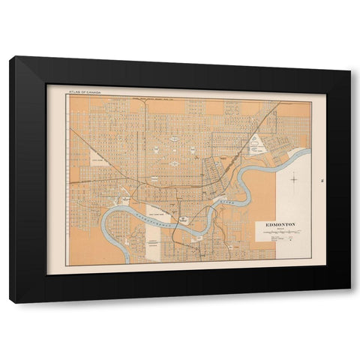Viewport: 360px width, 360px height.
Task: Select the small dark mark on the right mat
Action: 321,180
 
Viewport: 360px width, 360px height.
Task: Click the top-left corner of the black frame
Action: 12,58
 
